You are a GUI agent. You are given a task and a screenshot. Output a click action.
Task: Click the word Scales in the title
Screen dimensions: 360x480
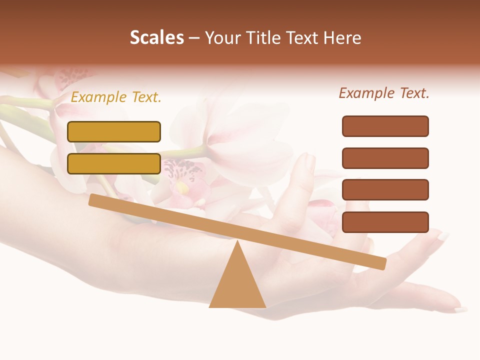(156, 37)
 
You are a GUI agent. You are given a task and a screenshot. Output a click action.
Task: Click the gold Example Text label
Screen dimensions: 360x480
(116, 97)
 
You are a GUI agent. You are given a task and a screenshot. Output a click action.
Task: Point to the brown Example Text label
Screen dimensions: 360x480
(384, 93)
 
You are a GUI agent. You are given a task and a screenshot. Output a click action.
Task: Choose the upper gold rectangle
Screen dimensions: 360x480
(114, 131)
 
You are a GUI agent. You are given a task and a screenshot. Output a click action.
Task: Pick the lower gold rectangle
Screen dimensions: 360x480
(114, 163)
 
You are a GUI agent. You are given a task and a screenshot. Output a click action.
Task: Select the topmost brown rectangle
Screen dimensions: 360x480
(385, 126)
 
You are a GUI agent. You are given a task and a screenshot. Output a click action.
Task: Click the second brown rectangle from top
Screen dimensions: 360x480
(385, 158)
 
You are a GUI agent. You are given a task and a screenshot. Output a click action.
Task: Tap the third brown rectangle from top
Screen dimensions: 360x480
(385, 190)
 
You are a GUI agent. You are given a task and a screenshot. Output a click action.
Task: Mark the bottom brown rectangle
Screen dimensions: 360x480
(385, 222)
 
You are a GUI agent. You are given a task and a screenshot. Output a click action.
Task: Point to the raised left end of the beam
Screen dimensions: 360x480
(93, 199)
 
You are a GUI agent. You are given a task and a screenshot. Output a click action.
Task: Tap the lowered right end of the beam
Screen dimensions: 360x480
(382, 263)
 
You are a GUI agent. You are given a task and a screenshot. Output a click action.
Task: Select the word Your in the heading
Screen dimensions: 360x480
(222, 37)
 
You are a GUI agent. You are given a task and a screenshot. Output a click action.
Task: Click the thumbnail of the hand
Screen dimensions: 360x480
(309, 163)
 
